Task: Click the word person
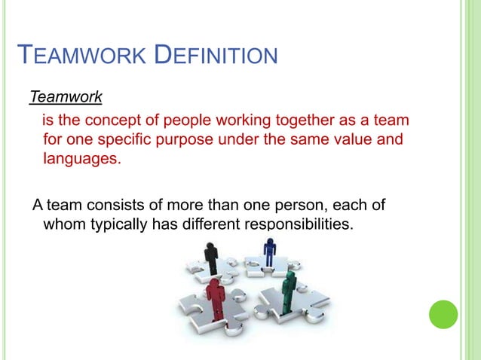point(307,206)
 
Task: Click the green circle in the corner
point(443,314)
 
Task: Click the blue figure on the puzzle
point(269,250)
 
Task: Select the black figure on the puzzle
point(212,256)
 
